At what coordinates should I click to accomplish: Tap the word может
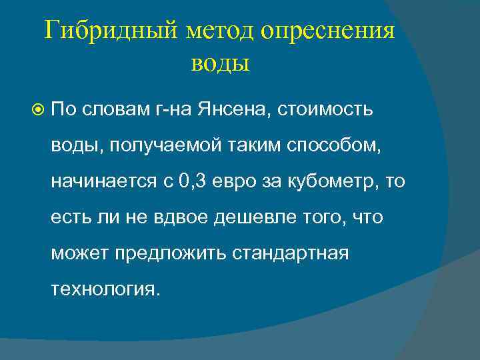coord(79,254)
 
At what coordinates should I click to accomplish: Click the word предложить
coord(166,254)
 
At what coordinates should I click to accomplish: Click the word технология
coord(105,290)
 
